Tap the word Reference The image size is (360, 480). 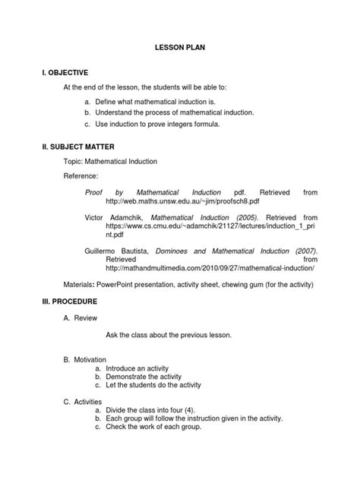pos(82,175)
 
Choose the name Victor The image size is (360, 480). pos(95,216)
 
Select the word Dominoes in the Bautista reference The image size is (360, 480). pos(175,250)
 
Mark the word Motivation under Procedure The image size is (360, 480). pos(91,358)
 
